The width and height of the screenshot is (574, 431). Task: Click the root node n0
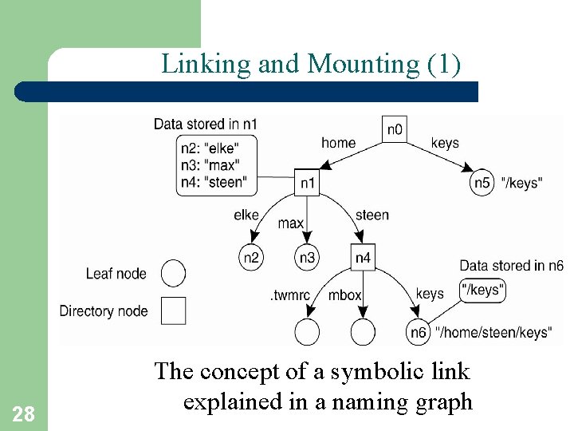coord(395,129)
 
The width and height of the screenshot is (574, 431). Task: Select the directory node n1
coord(307,183)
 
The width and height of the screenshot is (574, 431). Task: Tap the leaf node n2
coord(250,257)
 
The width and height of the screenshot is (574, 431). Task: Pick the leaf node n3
coord(307,257)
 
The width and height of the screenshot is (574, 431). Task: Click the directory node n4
coord(363,257)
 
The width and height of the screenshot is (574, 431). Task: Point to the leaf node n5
coord(482,183)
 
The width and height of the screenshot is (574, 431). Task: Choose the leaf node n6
coord(418,331)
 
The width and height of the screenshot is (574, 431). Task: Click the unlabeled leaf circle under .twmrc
coord(307,331)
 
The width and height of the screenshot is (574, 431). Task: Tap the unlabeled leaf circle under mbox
coord(363,331)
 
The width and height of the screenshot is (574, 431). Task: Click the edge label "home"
coord(338,143)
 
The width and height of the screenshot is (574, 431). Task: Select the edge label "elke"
coord(247,214)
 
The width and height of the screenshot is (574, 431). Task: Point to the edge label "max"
coord(290,223)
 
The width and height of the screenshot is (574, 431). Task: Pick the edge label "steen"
coord(372,214)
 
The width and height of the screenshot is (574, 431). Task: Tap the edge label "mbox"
coord(344,295)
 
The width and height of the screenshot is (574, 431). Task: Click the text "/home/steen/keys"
coord(493,332)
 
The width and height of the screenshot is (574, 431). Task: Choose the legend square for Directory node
coord(173,310)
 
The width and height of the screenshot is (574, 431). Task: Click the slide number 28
coord(24,413)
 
